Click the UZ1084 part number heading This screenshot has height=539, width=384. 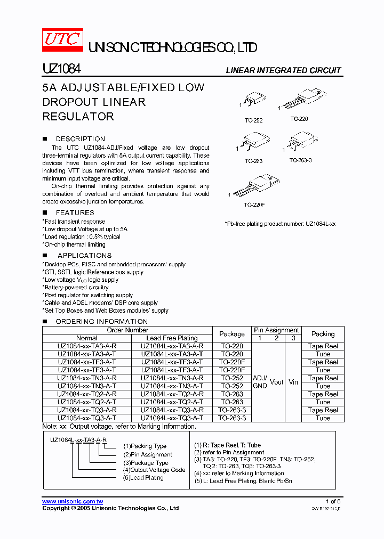tap(61, 69)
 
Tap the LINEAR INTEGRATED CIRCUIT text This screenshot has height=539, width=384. tap(283, 70)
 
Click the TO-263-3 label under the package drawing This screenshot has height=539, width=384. tap(300, 160)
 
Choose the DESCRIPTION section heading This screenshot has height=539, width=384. tap(80, 138)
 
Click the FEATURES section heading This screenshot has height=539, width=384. tap(75, 213)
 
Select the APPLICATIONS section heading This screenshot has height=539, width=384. tap(84, 255)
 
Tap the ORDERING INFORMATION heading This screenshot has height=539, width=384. tap(101, 321)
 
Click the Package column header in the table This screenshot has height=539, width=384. tap(232, 334)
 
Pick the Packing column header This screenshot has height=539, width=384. tap(323, 334)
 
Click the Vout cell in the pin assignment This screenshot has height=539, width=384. tap(276, 382)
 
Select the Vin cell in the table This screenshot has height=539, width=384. tap(293, 382)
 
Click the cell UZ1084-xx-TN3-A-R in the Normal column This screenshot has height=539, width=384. tap(87, 378)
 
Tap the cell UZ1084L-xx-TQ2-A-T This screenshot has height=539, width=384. tap(172, 402)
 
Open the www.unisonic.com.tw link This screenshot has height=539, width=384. tap(73, 502)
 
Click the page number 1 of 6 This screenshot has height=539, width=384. tap(333, 502)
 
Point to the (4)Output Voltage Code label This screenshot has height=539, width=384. tap(155, 470)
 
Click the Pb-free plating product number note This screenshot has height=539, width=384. tap(280, 224)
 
